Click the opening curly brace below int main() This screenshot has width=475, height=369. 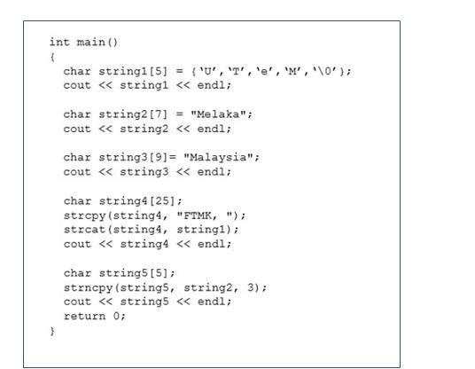tap(52, 56)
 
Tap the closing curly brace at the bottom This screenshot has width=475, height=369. tap(52, 330)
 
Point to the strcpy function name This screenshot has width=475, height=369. tap(81, 215)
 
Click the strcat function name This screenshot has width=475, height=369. tap(81, 229)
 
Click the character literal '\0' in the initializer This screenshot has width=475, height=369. tap(327, 70)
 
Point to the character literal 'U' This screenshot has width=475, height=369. tap(222, 70)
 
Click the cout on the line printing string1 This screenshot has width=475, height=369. tap(77, 85)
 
